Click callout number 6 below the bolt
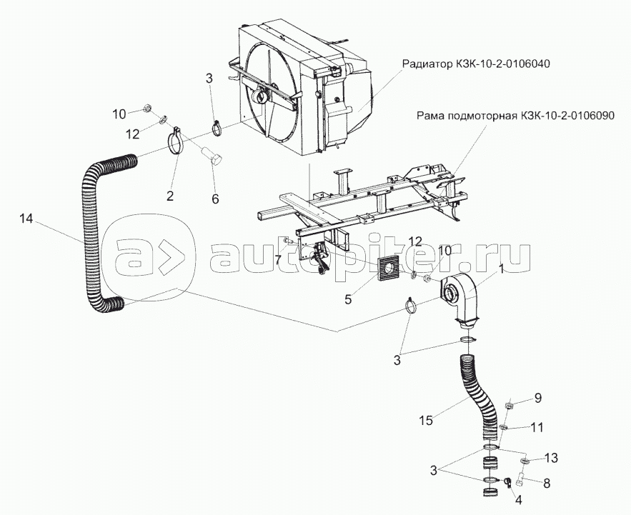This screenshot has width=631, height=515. [x=214, y=200]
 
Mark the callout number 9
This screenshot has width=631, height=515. [x=539, y=399]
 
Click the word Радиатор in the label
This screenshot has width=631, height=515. [x=424, y=63]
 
